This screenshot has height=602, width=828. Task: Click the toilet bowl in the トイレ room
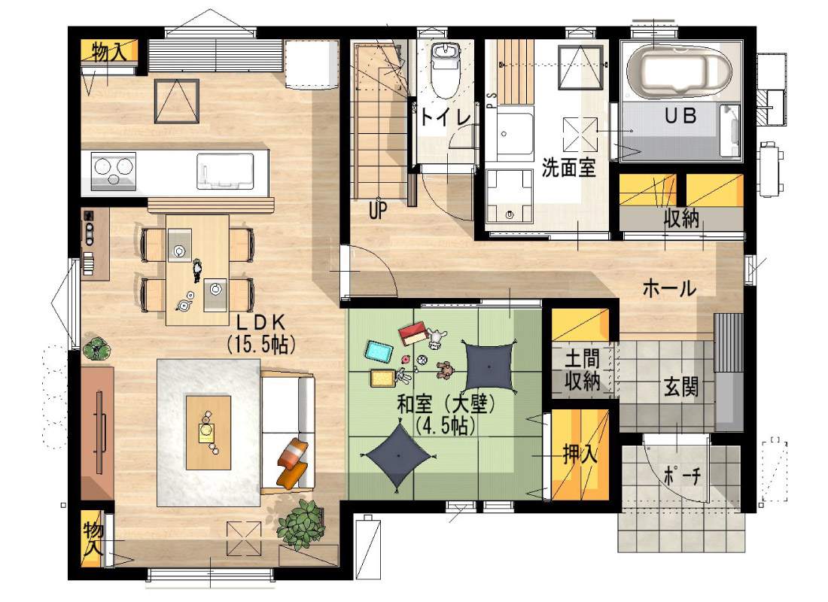(446, 71)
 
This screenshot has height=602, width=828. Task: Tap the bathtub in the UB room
(678, 71)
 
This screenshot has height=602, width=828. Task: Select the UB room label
(680, 116)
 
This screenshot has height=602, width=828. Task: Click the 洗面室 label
(569, 167)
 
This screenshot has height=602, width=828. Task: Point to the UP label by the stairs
(378, 211)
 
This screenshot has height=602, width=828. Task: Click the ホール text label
(669, 288)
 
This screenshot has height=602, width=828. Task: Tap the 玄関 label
(680, 387)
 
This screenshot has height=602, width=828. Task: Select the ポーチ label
(682, 476)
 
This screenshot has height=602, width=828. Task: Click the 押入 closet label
(580, 454)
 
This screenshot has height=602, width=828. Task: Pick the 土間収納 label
(582, 370)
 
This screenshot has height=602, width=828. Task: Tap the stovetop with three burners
(113, 171)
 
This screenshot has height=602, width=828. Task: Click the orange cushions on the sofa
(293, 463)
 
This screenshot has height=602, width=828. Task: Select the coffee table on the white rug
(208, 433)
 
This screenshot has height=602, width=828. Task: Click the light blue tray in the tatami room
(379, 352)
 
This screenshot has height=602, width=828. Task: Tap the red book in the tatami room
(413, 334)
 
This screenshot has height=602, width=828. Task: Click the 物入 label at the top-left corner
(109, 52)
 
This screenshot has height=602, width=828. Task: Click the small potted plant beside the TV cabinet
(96, 349)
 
